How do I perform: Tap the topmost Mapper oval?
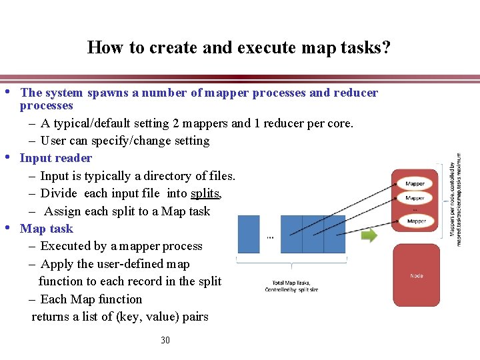[415, 183]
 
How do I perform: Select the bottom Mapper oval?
[416, 221]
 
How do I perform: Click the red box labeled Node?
[416, 275]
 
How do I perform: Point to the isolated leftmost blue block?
[249, 234]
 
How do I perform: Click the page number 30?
[165, 340]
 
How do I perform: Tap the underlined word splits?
[205, 193]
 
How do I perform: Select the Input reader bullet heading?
[56, 158]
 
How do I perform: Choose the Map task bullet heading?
[46, 229]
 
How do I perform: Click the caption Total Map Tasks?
[292, 282]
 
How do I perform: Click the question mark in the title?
[386, 48]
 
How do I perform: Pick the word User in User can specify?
[53, 141]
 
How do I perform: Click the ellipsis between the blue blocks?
[269, 236]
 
